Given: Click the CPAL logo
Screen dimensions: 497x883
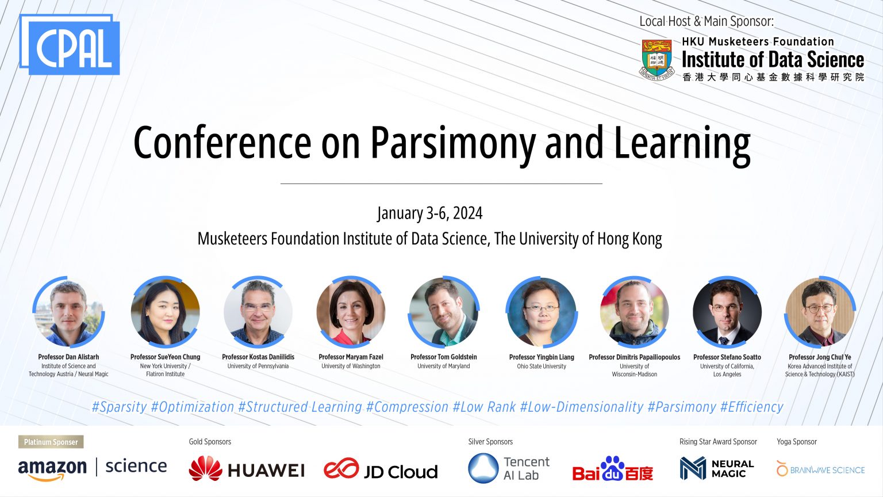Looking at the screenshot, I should (70, 45).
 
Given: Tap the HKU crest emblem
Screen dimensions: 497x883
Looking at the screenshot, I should (657, 59).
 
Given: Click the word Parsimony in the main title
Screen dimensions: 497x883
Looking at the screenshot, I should (452, 142).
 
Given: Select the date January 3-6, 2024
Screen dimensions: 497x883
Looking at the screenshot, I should (430, 213).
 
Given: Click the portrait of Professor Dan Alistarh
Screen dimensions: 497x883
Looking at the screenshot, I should (68, 312).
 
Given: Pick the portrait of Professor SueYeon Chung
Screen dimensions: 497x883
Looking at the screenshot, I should (165, 312).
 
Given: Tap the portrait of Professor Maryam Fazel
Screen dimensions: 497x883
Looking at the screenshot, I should (351, 312).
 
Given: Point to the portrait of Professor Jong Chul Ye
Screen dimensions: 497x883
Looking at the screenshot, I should (820, 312).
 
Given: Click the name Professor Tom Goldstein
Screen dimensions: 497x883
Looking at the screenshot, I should (443, 357).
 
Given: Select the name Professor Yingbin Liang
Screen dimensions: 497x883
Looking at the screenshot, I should (542, 357).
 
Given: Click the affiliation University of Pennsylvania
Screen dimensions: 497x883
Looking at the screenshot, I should (258, 366).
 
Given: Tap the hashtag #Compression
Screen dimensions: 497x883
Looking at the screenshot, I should (407, 407).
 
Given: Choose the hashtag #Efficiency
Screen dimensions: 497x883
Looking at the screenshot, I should (751, 407).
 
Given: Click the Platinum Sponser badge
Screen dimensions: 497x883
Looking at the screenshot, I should (51, 442).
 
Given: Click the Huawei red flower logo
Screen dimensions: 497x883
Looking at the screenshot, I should (205, 469).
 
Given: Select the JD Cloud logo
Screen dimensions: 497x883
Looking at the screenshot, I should (381, 470).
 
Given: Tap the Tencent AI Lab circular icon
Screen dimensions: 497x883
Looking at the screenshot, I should (483, 468).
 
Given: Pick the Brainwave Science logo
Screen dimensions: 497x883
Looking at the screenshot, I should (820, 469).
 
